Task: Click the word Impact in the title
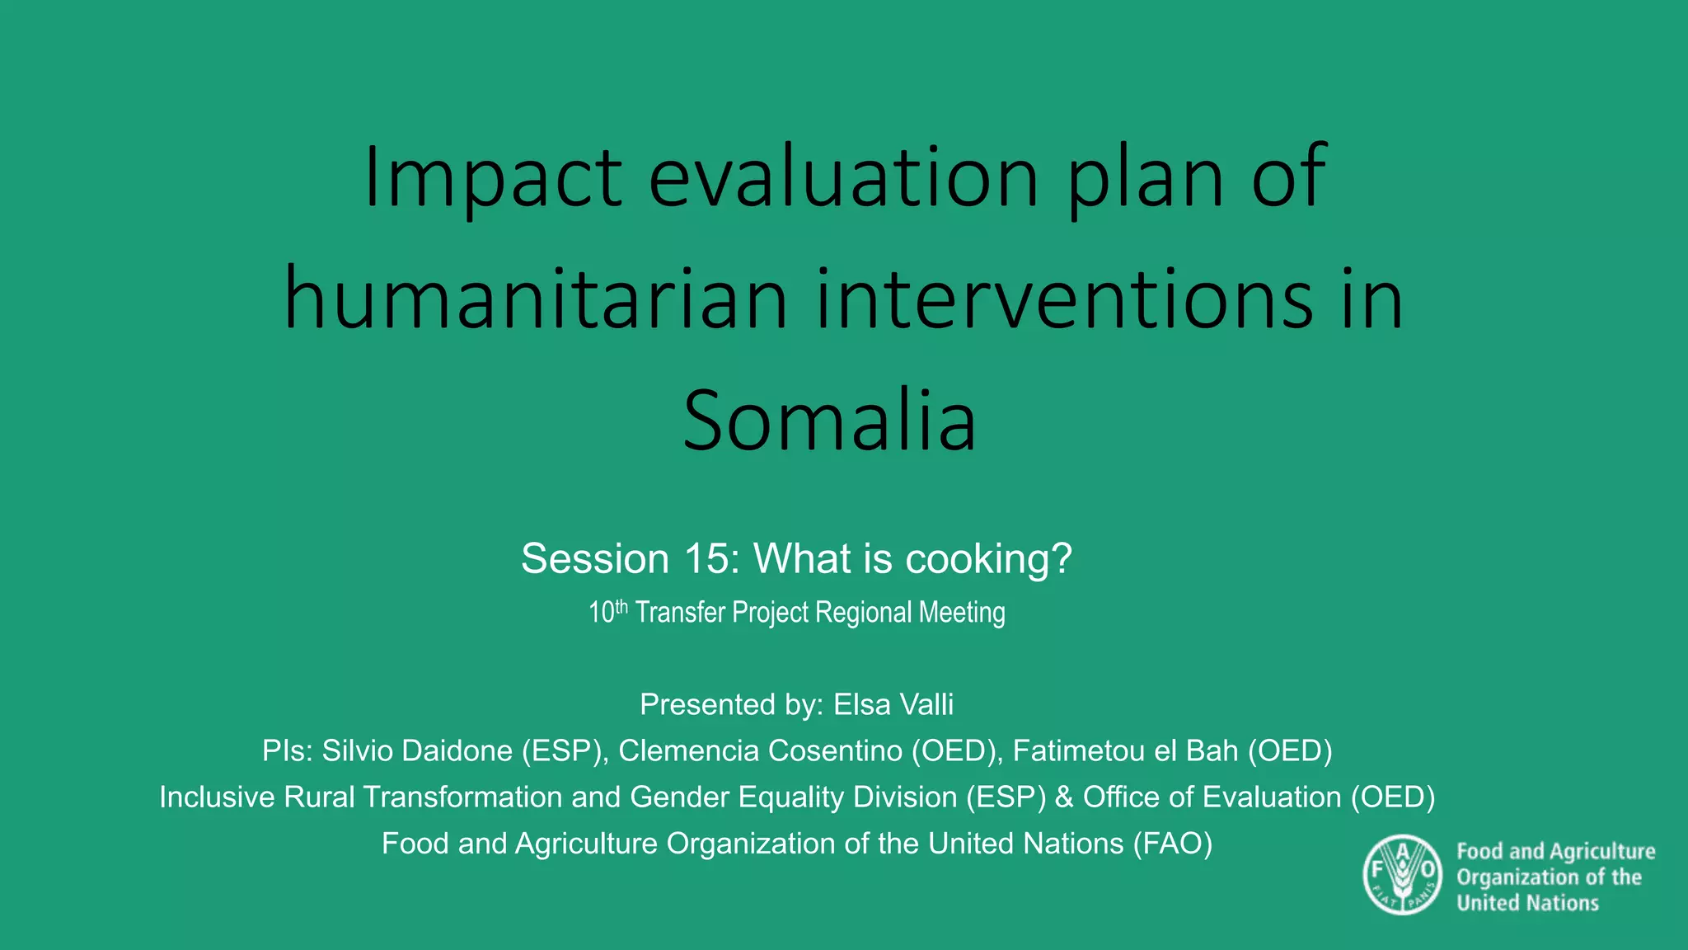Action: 492,177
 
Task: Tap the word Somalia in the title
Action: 829,421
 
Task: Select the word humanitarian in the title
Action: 536,299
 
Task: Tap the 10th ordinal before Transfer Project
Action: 607,612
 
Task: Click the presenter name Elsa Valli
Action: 893,705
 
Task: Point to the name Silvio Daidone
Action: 418,751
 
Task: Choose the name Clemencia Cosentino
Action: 760,751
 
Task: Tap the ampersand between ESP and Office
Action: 1064,797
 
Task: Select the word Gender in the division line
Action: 676,797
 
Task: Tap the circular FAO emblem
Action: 1402,875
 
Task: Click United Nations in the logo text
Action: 1527,903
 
